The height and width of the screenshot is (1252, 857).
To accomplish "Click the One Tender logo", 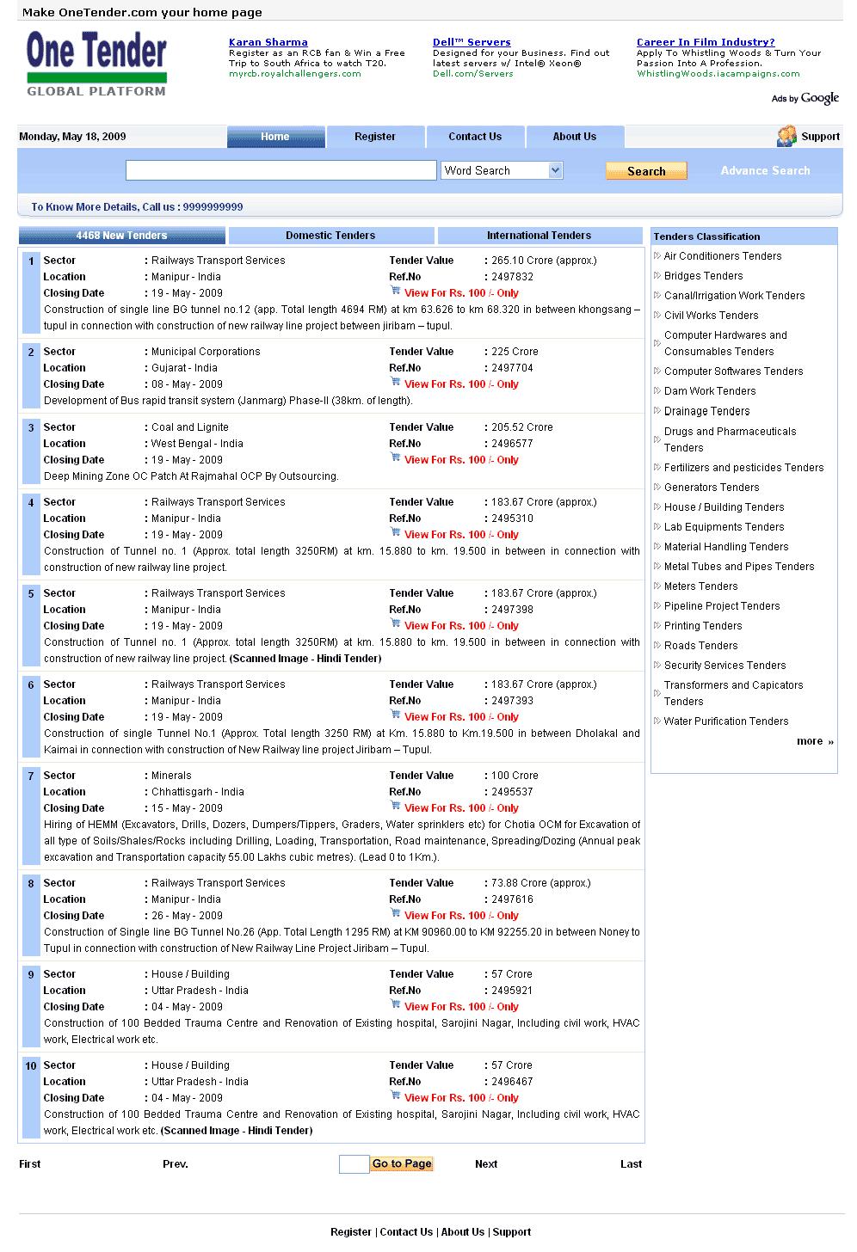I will pos(96,64).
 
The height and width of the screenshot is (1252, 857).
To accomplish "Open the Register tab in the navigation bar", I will pos(375,137).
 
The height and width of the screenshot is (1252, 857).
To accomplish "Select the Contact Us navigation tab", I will pos(475,137).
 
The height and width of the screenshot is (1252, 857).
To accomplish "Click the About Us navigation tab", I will pos(575,137).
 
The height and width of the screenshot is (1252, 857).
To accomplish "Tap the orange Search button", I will pos(646,171).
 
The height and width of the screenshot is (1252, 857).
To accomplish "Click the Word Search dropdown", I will pos(502,170).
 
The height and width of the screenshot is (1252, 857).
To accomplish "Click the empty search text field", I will pos(281,170).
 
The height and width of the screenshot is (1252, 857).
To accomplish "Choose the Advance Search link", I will pos(765,171).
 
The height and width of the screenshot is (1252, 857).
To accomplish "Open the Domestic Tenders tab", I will pos(330,236).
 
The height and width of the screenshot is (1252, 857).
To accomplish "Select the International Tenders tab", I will pos(539,236).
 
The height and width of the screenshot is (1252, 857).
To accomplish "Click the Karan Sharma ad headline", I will pos(268,42).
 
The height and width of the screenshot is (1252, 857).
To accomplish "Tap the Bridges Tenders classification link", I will pos(703,276).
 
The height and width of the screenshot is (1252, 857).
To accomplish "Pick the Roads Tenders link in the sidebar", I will pos(700,646).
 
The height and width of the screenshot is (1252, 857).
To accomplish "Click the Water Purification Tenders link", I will pos(726,721).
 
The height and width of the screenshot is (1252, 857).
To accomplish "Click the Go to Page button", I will pos(402,1163).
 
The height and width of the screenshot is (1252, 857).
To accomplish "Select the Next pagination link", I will pos(486,1164).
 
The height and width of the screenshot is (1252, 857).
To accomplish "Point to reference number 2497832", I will pos(513,277).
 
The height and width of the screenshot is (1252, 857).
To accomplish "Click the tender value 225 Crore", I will pos(515,352).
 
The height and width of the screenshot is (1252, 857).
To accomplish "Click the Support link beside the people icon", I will pos(820,137).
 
